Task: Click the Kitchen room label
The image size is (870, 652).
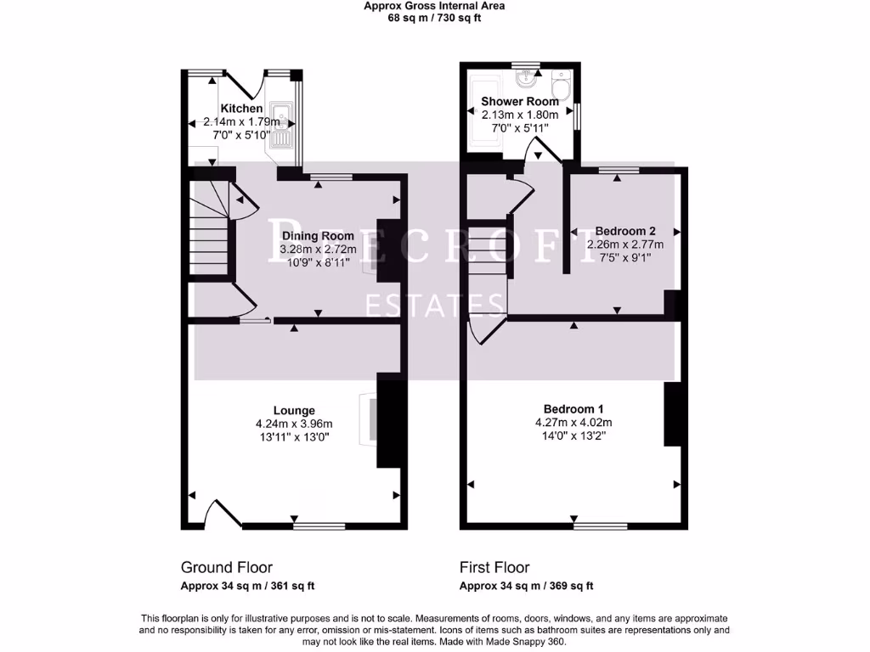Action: click(241, 108)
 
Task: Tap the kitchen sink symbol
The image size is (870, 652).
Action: click(281, 123)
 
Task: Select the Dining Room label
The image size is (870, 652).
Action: click(318, 236)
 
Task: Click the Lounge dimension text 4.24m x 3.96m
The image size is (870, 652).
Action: click(294, 424)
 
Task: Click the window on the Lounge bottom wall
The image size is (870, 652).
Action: click(319, 526)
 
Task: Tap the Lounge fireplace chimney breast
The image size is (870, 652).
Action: click(389, 421)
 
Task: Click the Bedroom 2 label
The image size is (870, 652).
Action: click(625, 230)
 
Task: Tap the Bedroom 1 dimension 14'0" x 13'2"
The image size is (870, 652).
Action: click(573, 436)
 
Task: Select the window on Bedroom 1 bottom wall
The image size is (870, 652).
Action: click(601, 526)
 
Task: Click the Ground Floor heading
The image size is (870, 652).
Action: click(227, 567)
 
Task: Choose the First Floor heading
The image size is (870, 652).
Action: click(494, 567)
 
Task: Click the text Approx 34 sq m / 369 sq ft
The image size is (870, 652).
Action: click(526, 586)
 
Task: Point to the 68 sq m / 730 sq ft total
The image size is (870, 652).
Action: click(434, 18)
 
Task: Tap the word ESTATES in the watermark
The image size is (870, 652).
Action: click(436, 303)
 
